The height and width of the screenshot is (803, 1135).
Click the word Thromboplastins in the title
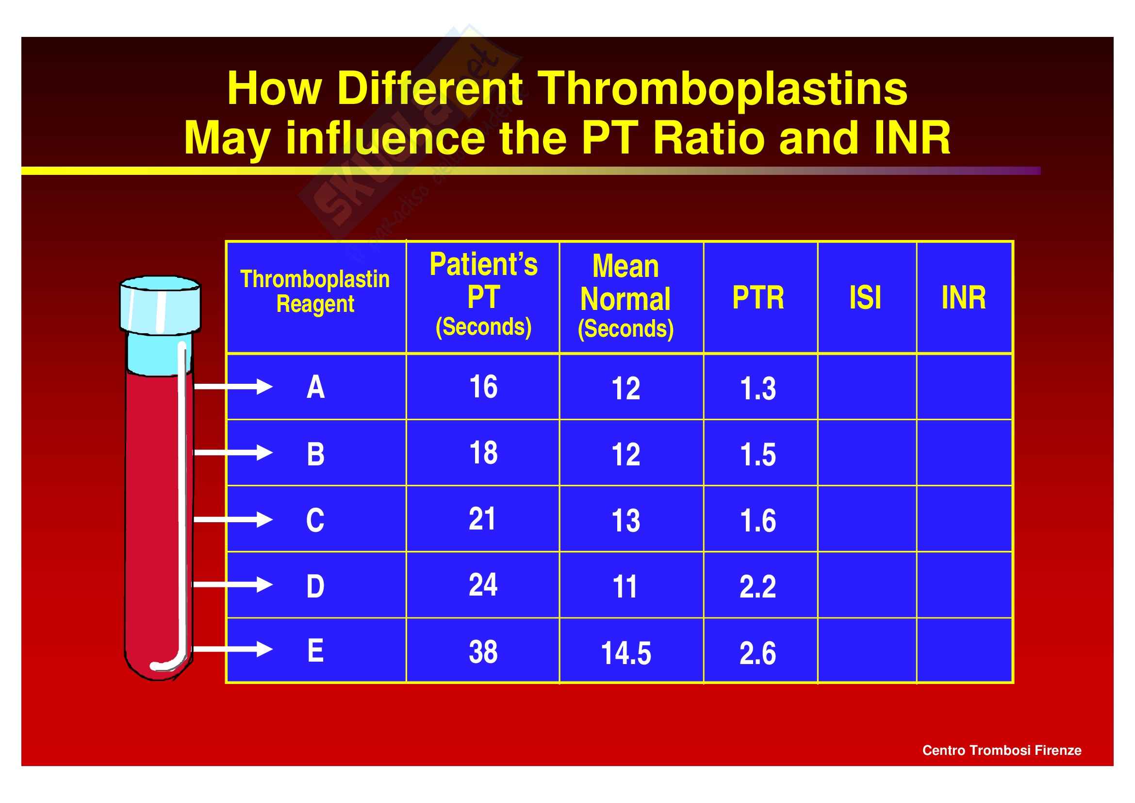click(x=722, y=89)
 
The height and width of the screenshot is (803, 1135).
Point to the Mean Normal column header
click(x=625, y=297)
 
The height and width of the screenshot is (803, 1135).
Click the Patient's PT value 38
click(x=483, y=652)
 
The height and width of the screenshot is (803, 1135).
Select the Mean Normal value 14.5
click(x=626, y=653)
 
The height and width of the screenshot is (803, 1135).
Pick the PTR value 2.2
click(x=758, y=587)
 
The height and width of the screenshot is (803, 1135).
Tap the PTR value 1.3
click(x=758, y=389)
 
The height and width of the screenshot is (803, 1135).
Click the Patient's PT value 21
click(x=482, y=519)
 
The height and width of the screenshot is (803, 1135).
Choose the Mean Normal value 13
click(x=626, y=520)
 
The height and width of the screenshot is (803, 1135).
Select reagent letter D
click(x=315, y=587)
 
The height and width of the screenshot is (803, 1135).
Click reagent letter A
click(x=315, y=387)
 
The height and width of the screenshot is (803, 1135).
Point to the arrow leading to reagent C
click(x=232, y=519)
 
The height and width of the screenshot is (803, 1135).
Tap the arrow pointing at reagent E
click(x=232, y=649)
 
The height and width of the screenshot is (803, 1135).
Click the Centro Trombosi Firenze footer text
click(x=1002, y=750)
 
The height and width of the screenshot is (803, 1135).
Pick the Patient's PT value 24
click(x=483, y=585)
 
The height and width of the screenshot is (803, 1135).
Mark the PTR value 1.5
click(x=758, y=455)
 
